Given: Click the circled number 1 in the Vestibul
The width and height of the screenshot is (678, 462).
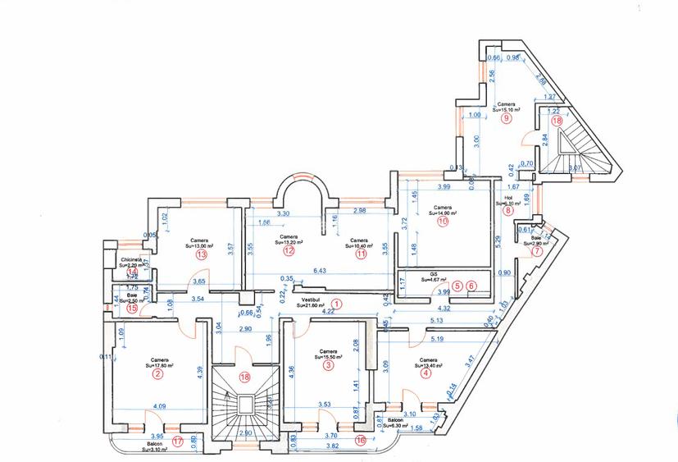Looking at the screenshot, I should [335, 304].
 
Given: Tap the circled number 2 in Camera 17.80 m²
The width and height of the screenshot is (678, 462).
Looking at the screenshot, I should [157, 374].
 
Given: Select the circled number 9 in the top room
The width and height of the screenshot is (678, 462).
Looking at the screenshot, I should [507, 118].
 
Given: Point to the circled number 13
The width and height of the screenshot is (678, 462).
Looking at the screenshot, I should [201, 255].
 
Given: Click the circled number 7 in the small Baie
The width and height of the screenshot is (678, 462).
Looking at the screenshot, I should [538, 251].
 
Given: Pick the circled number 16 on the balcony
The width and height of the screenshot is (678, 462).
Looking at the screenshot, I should [359, 440].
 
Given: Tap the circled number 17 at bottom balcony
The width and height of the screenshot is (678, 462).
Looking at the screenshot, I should [179, 441].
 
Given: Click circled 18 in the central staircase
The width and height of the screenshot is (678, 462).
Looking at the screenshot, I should [244, 377].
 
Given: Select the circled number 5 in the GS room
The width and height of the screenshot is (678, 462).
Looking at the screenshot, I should [457, 285].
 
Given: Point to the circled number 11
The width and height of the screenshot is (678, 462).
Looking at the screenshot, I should [362, 253].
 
